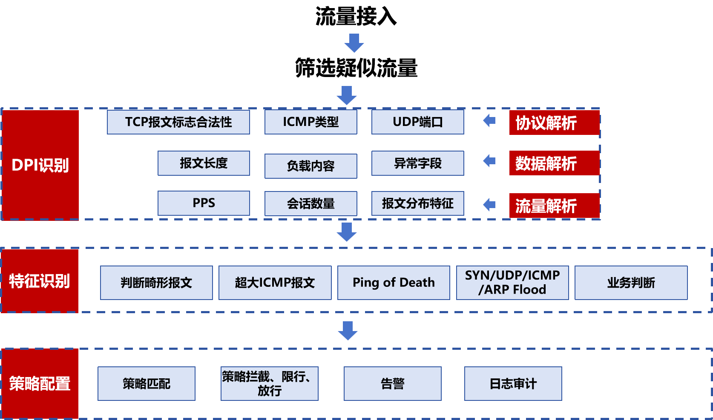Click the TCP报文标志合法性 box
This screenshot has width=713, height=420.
[178, 122]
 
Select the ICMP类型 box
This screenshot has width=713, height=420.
[310, 122]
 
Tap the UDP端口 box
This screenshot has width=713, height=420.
[417, 122]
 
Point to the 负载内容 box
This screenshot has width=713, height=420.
[310, 166]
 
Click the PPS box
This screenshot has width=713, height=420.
[204, 203]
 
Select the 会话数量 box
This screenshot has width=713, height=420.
[310, 203]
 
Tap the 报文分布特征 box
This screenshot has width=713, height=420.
[417, 203]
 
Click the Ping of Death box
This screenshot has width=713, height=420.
[394, 283]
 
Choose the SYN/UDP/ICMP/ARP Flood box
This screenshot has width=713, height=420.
[512, 283]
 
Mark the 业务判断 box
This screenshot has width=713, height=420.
[631, 283]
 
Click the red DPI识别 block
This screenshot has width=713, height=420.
[40, 165]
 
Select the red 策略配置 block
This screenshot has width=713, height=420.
[40, 383]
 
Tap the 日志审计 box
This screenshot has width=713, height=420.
[513, 383]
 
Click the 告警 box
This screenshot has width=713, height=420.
[392, 383]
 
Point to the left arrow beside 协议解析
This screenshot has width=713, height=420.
[489, 121]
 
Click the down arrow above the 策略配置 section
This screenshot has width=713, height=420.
[348, 331]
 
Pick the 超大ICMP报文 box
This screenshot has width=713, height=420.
[275, 283]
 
